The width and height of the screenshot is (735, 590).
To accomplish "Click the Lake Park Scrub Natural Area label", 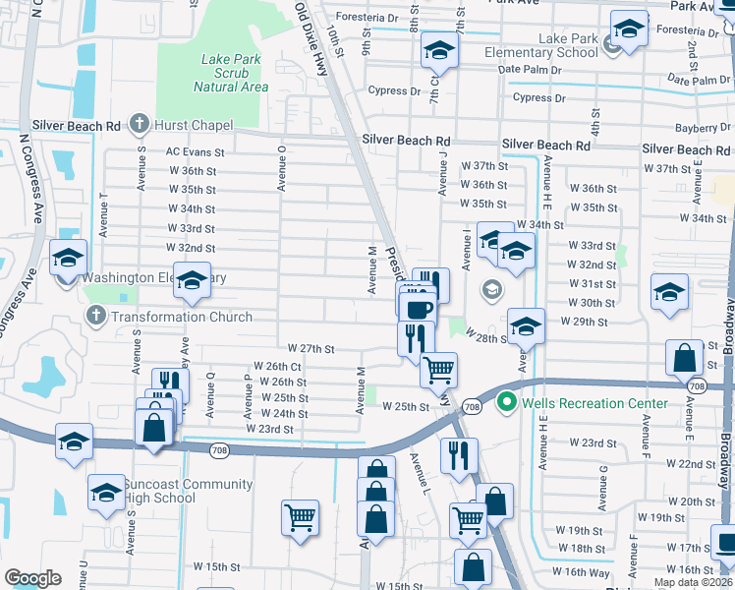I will tap(231, 73).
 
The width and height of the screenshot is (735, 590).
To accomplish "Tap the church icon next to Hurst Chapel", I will tap(140, 125).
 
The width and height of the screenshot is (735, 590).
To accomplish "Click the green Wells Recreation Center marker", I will tap(506, 402).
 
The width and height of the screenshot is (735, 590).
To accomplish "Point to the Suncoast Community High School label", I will tap(159, 491).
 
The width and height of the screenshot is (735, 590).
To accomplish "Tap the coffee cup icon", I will tap(420, 309).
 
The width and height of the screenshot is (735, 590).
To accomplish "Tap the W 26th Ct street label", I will tap(277, 366).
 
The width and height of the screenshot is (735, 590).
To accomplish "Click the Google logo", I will tap(32, 578).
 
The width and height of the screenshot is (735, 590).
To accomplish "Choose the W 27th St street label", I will tap(311, 349).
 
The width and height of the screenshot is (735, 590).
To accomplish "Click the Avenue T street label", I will tap(104, 213).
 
